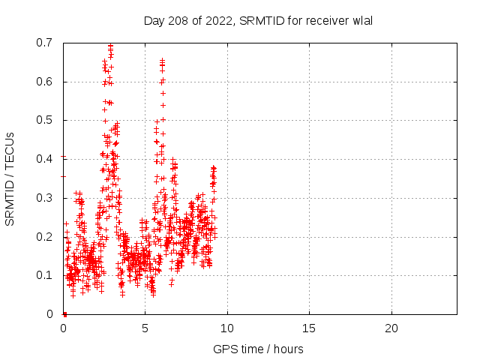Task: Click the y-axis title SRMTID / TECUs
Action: pos(10,178)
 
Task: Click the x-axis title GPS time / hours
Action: pos(258,349)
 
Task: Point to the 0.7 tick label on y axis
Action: pos(44,43)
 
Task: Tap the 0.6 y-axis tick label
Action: pos(44,82)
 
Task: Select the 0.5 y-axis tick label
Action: pos(44,120)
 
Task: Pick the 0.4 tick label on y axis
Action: pos(44,159)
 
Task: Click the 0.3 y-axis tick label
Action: pos(44,198)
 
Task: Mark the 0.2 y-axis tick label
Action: pos(44,236)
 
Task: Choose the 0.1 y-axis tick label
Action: pos(44,275)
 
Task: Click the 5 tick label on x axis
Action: pos(145,328)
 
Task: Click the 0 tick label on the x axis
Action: pos(63,328)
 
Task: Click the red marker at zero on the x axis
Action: pos(64,313)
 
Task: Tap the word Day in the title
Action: pos(154,20)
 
